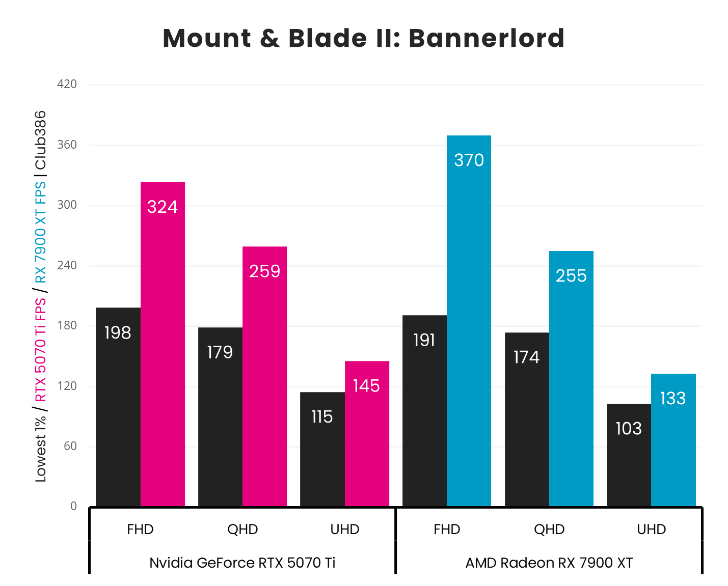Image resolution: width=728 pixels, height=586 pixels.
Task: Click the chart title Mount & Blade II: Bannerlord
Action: pos(363,38)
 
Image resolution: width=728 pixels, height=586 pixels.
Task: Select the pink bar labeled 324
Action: pos(163,344)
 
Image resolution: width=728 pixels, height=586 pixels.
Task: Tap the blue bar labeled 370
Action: pos(469,321)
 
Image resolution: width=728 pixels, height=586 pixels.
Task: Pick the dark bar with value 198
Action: pos(118,407)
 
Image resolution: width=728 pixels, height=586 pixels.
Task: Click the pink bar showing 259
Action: pos(264,377)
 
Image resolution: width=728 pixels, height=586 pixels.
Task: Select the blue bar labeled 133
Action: pos(673,440)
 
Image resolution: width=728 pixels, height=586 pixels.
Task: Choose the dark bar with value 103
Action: pos(629,455)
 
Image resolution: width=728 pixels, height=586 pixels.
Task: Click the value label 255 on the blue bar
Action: pos(571,276)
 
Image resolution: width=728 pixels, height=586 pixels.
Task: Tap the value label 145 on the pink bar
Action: pos(366,386)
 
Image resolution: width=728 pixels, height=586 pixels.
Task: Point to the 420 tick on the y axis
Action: pos(67,84)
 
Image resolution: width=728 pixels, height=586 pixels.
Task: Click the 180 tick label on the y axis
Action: pos(67,325)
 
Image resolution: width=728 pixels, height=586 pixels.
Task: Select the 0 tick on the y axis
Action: pos(73,506)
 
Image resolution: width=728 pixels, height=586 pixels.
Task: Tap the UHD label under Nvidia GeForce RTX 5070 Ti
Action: pos(345,529)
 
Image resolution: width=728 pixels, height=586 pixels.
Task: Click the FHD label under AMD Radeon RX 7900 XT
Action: pos(447,529)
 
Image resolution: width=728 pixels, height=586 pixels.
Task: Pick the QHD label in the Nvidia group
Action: pos(242,529)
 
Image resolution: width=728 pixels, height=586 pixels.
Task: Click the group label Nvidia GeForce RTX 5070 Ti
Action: pos(242,563)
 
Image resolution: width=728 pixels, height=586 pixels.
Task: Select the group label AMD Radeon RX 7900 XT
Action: pos(549,563)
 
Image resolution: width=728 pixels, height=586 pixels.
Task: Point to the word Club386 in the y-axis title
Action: pos(40,140)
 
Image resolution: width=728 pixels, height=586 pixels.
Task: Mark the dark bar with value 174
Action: pos(527,420)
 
